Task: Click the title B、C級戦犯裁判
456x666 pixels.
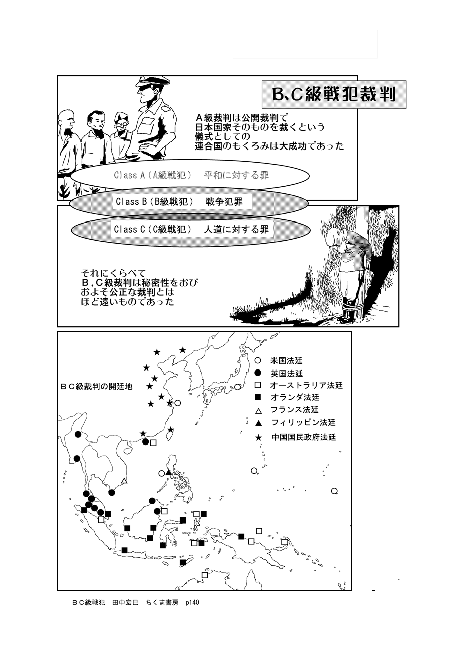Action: (334, 94)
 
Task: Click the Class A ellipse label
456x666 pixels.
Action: (191, 175)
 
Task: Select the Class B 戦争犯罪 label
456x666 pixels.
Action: (179, 202)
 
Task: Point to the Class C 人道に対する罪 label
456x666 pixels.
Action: (191, 229)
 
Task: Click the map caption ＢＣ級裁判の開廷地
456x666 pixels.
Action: (96, 386)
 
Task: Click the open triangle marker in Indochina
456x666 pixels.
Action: (124, 480)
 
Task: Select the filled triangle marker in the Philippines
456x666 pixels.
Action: (168, 472)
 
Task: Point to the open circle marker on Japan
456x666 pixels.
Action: (237, 387)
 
